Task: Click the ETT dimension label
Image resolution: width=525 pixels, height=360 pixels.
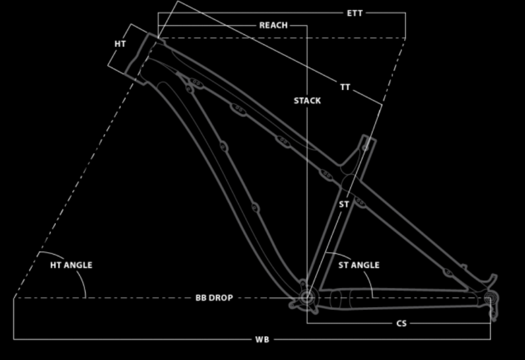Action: coord(354,13)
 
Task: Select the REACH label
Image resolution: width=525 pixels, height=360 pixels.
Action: coord(273,26)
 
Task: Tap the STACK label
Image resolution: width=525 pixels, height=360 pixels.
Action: coord(307,101)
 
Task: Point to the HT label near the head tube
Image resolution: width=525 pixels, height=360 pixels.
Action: coord(120,44)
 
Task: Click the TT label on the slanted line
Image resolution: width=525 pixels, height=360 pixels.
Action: coord(345,87)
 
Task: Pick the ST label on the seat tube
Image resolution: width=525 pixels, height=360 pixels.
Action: coord(344,204)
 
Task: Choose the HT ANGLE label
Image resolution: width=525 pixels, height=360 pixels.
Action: coord(71,265)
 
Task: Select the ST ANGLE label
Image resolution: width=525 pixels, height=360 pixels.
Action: coord(359,265)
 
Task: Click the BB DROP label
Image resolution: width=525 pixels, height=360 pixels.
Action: coord(214,298)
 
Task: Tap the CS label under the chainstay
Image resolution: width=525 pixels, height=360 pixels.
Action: coord(402,323)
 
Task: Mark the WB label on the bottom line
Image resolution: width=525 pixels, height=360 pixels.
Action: coord(262,340)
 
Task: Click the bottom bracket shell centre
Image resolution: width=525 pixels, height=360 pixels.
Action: coord(306,297)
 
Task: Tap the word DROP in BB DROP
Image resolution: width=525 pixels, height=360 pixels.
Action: coord(221,298)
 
